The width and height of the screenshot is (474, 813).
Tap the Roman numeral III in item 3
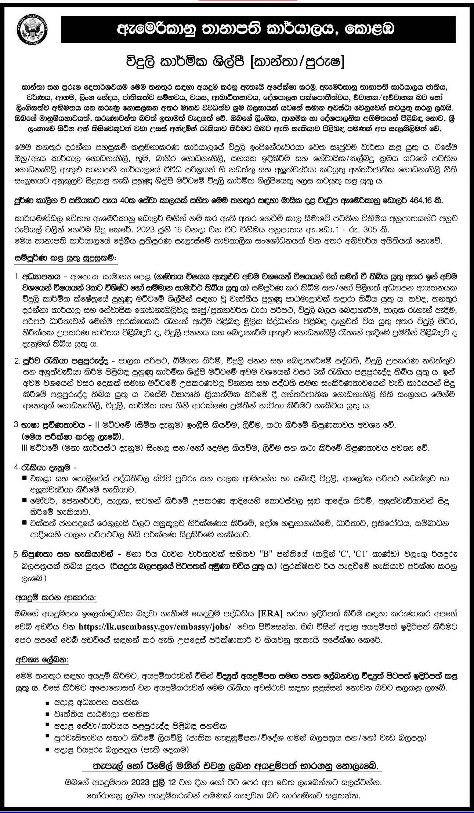tap(26, 448)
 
